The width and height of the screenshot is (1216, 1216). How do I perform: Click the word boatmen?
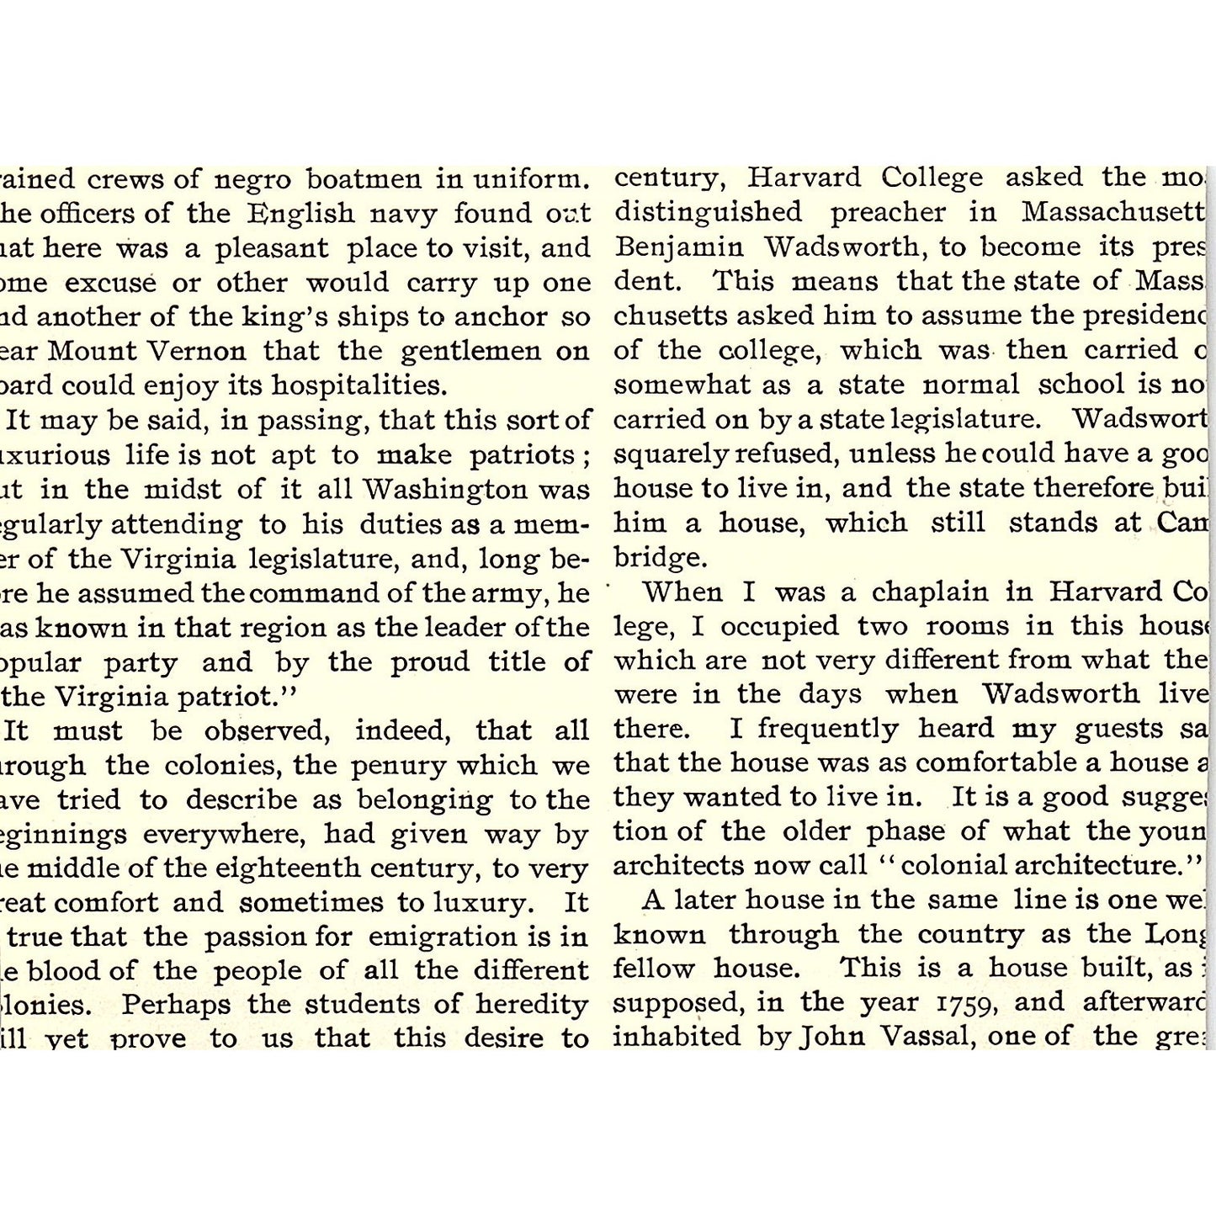click(364, 180)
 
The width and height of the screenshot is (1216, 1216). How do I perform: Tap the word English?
click(300, 215)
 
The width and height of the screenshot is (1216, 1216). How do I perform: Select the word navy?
click(402, 215)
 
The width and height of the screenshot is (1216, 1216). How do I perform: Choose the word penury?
click(391, 766)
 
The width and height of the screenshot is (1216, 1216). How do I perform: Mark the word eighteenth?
click(281, 868)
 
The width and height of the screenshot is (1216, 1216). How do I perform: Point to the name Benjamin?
click(679, 247)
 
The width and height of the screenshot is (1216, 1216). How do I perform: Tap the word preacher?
click(887, 213)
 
